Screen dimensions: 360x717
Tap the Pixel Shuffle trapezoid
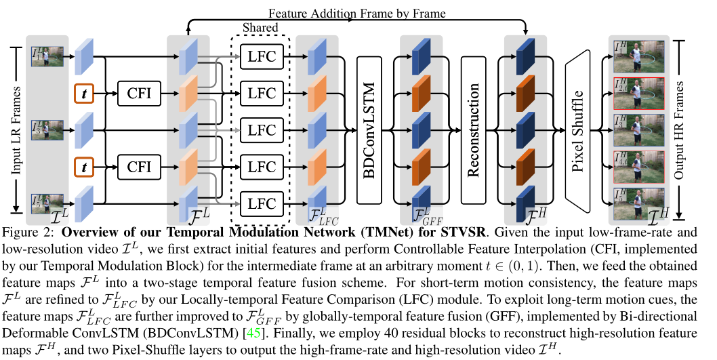[579, 129]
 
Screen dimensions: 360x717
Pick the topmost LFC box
[262, 56]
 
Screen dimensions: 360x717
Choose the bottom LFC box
[262, 203]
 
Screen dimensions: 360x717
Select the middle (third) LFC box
[262, 129]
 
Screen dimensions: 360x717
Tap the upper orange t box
[84, 93]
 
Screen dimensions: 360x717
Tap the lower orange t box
[84, 166]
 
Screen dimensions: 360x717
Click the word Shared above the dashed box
[260, 28]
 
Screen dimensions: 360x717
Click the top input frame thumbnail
[47, 56]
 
